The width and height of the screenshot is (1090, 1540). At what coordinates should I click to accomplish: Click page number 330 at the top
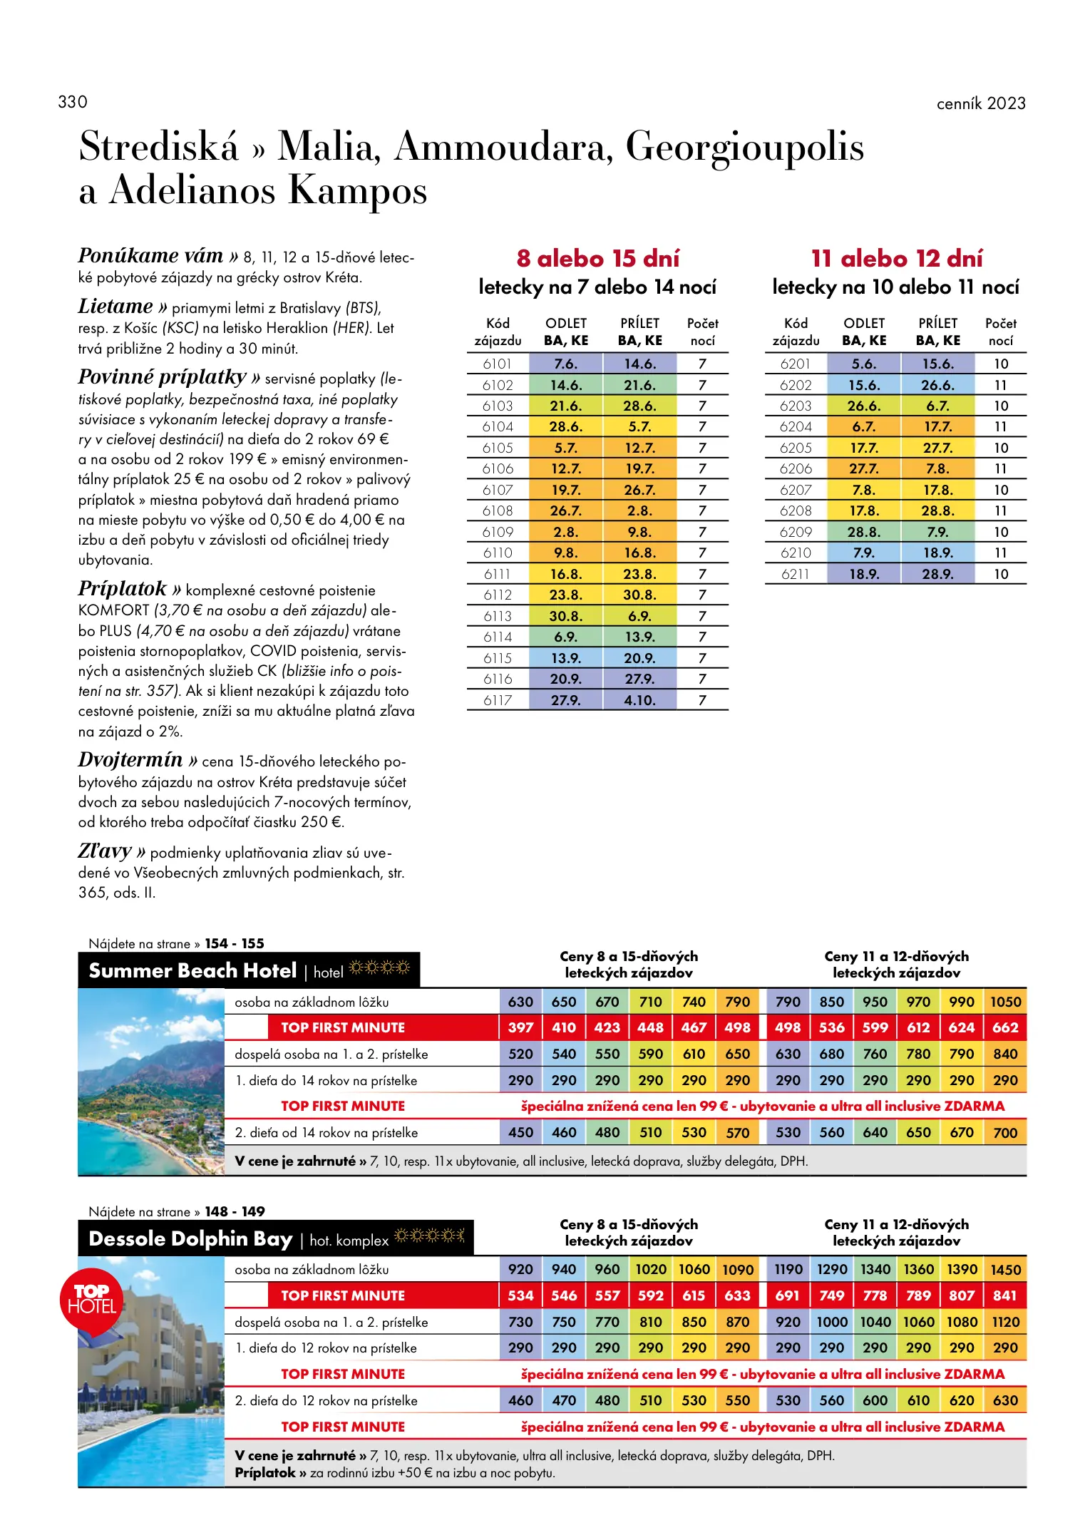(x=73, y=102)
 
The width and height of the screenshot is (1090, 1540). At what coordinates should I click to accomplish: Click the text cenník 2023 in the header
(x=980, y=103)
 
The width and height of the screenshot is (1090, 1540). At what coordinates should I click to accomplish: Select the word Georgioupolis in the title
(x=744, y=147)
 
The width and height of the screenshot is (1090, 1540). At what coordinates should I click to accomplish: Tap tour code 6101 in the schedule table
(x=497, y=364)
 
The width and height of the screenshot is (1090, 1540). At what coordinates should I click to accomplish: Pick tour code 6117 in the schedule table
(x=497, y=700)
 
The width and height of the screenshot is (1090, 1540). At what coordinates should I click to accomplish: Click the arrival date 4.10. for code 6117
(x=639, y=700)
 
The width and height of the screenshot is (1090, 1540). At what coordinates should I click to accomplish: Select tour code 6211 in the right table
(x=795, y=574)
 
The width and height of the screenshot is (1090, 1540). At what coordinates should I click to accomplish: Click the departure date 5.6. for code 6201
(x=863, y=364)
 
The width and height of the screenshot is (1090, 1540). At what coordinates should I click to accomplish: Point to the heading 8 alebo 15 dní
(x=597, y=258)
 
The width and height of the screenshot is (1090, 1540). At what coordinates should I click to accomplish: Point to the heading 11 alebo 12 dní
(x=896, y=258)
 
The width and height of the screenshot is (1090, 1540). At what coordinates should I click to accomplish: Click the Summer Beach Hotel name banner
(x=192, y=970)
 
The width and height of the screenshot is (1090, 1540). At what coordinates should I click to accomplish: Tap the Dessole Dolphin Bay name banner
(x=190, y=1239)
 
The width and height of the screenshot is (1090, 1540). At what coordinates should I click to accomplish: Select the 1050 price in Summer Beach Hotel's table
(x=1005, y=1002)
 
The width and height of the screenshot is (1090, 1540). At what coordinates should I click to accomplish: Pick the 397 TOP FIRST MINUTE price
(x=520, y=1027)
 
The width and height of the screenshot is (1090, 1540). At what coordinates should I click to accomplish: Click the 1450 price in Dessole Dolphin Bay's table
(x=1005, y=1270)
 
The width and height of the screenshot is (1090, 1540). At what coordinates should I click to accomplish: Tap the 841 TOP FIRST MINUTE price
(x=1005, y=1295)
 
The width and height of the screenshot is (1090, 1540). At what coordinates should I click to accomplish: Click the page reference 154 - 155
(x=235, y=943)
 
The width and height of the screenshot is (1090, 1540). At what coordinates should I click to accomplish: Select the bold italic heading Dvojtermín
(x=130, y=760)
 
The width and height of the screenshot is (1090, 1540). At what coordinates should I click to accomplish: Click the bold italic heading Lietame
(x=115, y=307)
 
